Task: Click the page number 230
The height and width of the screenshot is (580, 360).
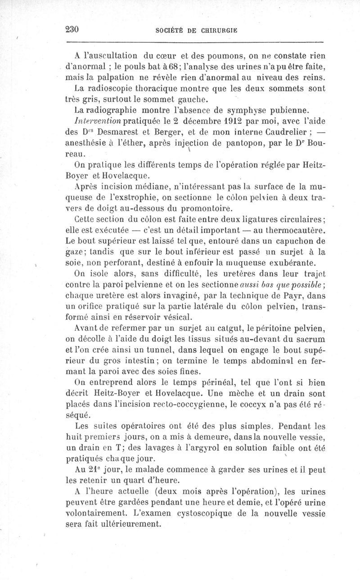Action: point(72,30)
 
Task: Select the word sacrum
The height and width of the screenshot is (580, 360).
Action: point(311,341)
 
